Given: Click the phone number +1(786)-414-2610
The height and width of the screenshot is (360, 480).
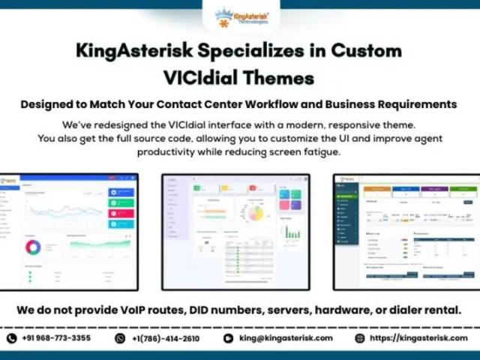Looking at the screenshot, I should coord(167,338).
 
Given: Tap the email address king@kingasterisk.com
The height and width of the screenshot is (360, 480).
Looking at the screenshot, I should coord(286,338).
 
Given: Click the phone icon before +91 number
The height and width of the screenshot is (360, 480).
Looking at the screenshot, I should coord(11,338).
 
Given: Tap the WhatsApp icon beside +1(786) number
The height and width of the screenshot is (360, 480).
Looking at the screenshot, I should coord(120,338).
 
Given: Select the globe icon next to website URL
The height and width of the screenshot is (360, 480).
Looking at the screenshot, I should coord(360,338).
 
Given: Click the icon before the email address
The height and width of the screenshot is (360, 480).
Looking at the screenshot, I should coord(229,338).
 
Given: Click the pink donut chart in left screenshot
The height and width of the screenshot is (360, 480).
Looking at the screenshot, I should coord(33,247).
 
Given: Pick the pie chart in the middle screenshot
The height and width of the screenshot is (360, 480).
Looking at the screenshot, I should coord(256,213).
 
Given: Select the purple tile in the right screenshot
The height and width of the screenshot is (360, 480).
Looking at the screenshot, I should coord(433,190).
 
